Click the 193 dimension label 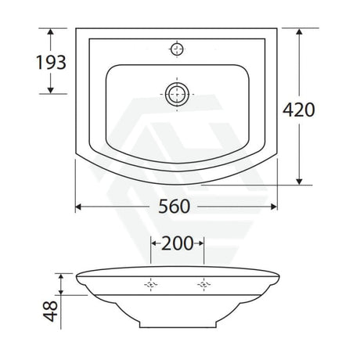[x=51, y=63]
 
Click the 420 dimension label [x=299, y=110]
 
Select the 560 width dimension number [x=175, y=207]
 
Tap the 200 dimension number [x=178, y=243]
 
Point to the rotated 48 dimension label [x=50, y=311]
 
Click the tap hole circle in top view [x=177, y=49]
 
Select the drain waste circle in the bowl [x=177, y=94]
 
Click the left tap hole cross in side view [x=151, y=284]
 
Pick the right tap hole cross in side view [x=203, y=284]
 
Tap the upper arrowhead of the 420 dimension [x=299, y=31]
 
